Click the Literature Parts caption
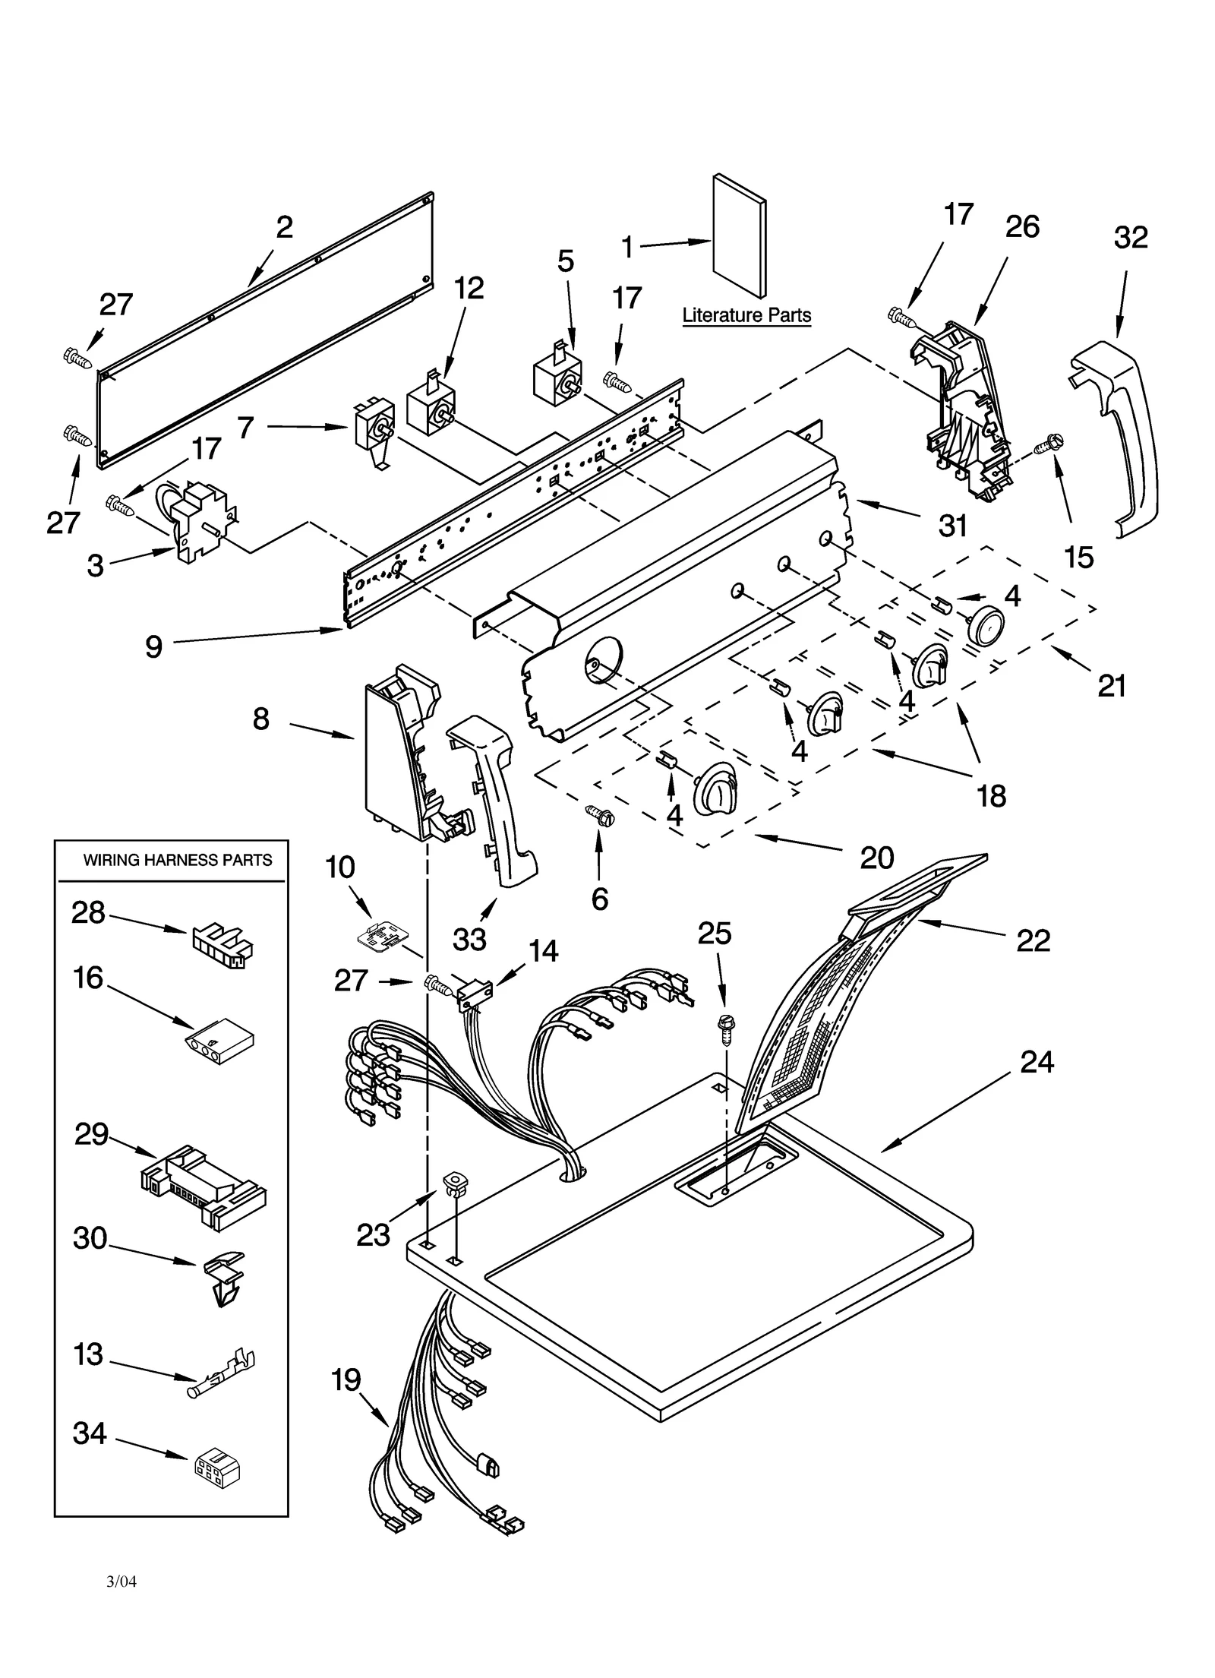tap(746, 315)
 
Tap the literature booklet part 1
tap(738, 235)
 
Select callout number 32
tap(1130, 238)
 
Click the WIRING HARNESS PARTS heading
tap(177, 860)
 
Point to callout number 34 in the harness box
tap(90, 1433)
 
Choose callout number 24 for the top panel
tap(1037, 1061)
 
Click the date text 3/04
tap(121, 1582)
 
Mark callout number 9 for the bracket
tap(153, 646)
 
